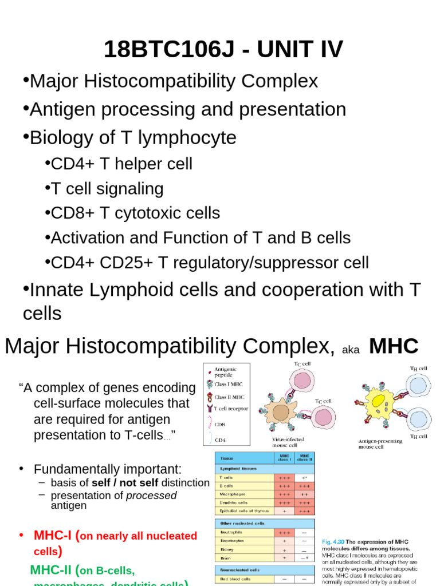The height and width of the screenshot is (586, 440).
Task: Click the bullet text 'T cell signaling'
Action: tap(107, 189)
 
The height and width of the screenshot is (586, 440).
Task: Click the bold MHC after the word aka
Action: tap(394, 346)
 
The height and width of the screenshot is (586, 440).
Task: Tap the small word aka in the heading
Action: tap(351, 350)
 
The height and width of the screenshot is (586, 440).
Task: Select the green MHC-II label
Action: tap(53, 570)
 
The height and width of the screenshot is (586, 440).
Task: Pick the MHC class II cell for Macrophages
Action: tap(304, 493)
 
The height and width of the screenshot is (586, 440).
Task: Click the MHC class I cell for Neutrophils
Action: tap(284, 532)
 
